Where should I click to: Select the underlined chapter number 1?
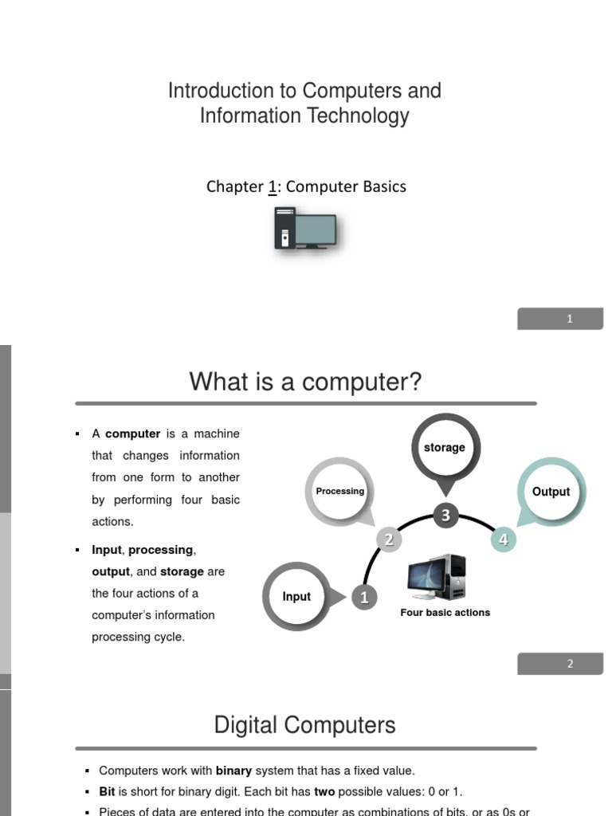tap(273, 186)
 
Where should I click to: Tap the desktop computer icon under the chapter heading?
tap(305, 228)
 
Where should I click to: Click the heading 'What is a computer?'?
tap(305, 382)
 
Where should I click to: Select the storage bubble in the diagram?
tap(445, 448)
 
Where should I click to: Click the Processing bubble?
tap(339, 491)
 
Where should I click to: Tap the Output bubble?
tap(551, 492)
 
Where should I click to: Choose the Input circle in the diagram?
tap(296, 597)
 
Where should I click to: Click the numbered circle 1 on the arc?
tap(364, 598)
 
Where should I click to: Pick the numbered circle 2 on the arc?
tap(389, 539)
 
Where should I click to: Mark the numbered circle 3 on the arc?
tap(445, 516)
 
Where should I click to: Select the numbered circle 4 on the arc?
tap(503, 539)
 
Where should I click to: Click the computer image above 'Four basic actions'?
tap(437, 578)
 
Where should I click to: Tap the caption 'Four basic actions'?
tap(445, 613)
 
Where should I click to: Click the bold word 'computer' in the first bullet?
tap(132, 434)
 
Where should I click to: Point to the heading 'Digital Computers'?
tap(304, 725)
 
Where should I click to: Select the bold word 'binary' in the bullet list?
tap(233, 771)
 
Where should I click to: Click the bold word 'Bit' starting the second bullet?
tap(107, 792)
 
